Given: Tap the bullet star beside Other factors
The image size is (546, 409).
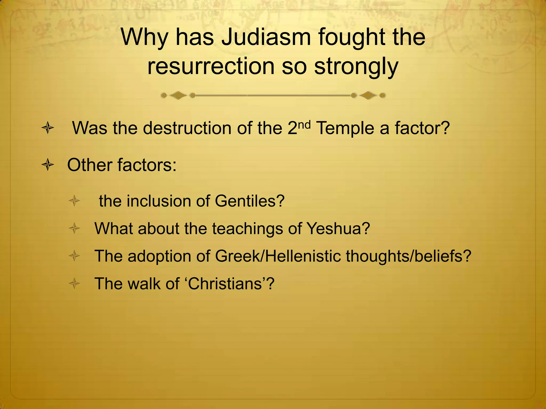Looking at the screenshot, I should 48,165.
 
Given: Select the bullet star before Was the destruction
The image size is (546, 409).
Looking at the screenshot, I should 48,128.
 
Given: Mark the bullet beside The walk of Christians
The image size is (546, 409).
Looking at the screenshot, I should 74,284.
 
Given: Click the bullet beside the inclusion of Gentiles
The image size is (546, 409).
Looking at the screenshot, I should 74,201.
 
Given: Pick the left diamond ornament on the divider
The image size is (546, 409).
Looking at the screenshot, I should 178,95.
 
